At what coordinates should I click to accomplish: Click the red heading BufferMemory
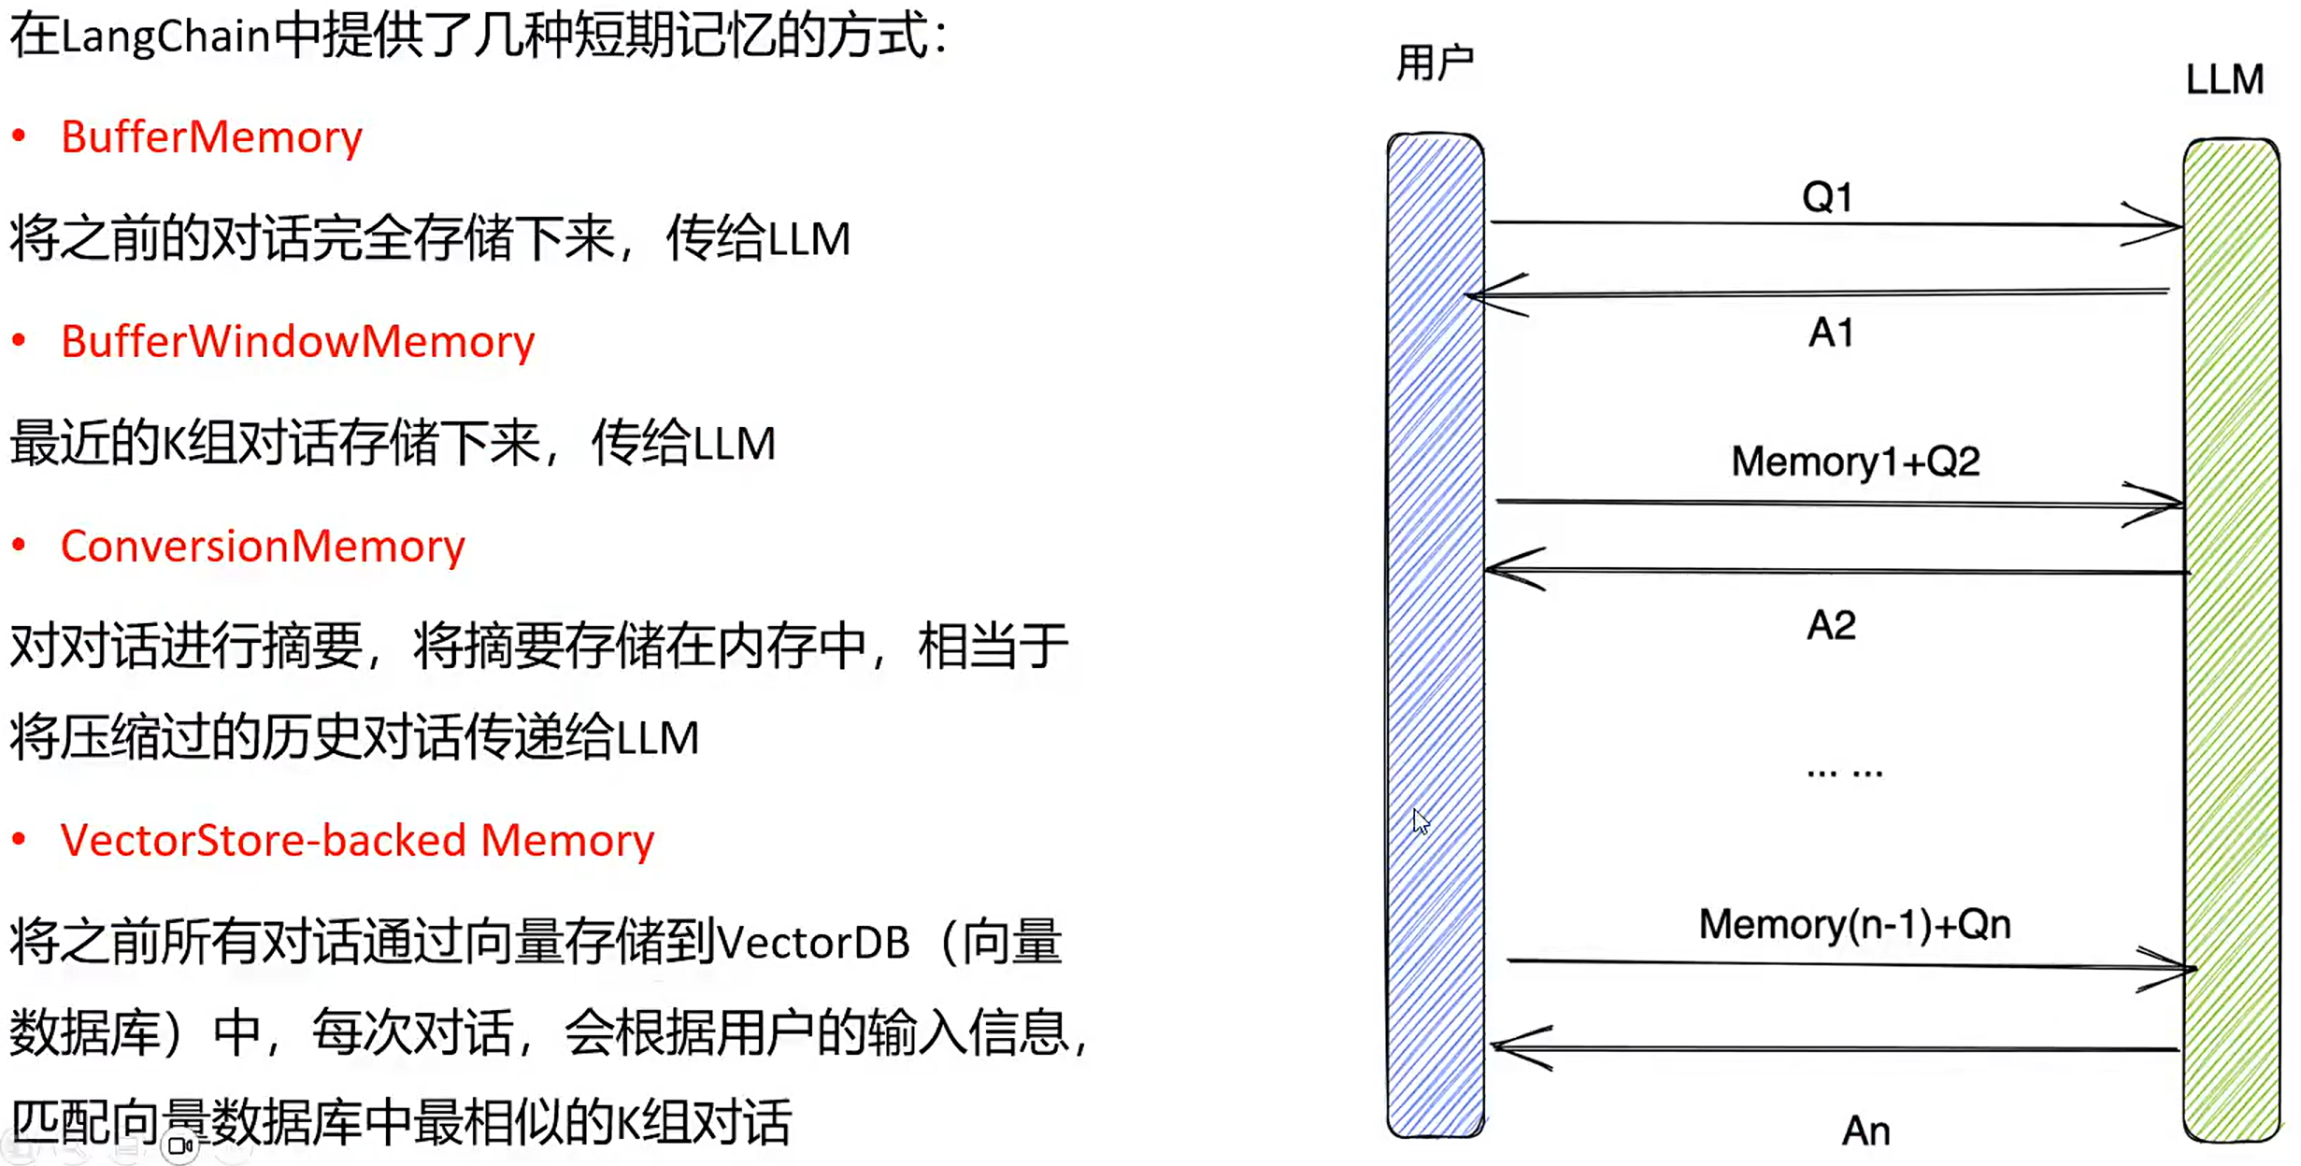[211, 137]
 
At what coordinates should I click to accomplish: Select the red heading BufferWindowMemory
[297, 342]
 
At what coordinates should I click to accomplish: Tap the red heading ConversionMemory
[263, 547]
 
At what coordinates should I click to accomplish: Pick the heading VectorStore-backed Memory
[357, 841]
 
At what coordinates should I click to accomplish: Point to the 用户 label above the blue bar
[1435, 64]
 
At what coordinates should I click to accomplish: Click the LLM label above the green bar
[2224, 79]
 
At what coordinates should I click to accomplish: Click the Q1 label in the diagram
[1827, 197]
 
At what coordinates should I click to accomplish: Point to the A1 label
[1831, 333]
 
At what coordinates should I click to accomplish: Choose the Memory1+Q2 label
[1855, 462]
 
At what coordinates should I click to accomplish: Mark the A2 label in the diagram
[1831, 625]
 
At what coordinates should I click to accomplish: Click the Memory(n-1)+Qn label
[1854, 924]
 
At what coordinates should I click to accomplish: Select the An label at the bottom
[1865, 1131]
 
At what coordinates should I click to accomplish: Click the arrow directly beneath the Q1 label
[1832, 224]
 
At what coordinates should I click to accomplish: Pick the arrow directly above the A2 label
[1837, 570]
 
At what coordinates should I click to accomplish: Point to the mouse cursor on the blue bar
[1421, 821]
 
